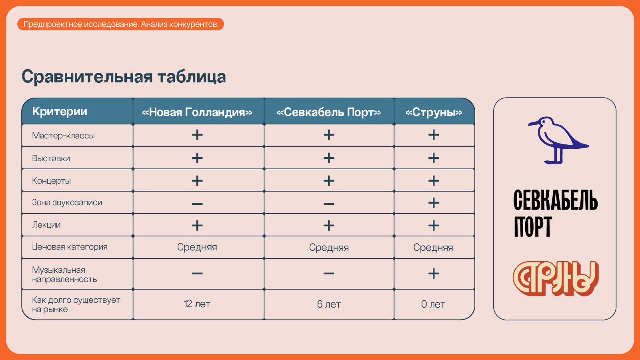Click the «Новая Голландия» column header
coord(197,112)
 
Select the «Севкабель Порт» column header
coord(329,112)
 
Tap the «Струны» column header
coord(434,112)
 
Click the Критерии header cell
coord(60,112)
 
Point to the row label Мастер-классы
coord(64,136)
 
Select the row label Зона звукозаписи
coord(67,202)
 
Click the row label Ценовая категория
coord(70,247)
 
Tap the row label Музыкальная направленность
coord(64,274)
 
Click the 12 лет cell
coord(197,304)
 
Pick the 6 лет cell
coord(329,304)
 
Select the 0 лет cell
coord(433,304)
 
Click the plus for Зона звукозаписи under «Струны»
coord(434,203)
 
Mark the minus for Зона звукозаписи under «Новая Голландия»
coord(197,204)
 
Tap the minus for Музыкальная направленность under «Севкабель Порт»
coord(329,274)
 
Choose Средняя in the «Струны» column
coord(433,248)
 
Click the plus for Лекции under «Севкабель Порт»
coord(329,226)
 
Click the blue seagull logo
coord(558,140)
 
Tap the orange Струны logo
coord(556,278)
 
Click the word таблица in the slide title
coord(192,77)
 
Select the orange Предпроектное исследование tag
coord(120,24)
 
